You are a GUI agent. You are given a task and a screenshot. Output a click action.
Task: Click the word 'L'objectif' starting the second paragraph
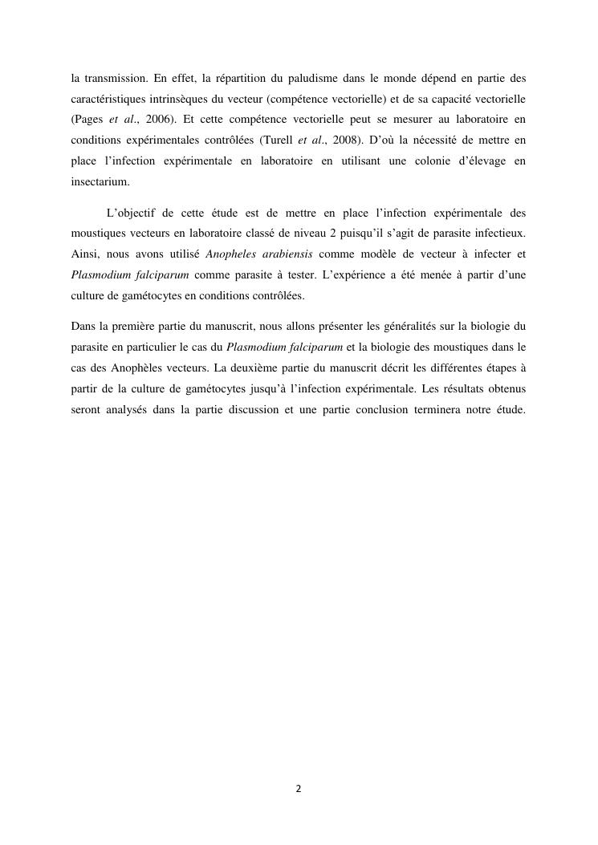pos(132,213)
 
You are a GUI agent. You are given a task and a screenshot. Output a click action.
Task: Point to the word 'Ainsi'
pos(85,254)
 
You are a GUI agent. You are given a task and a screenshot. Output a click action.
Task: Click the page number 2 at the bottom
pos(299,789)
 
